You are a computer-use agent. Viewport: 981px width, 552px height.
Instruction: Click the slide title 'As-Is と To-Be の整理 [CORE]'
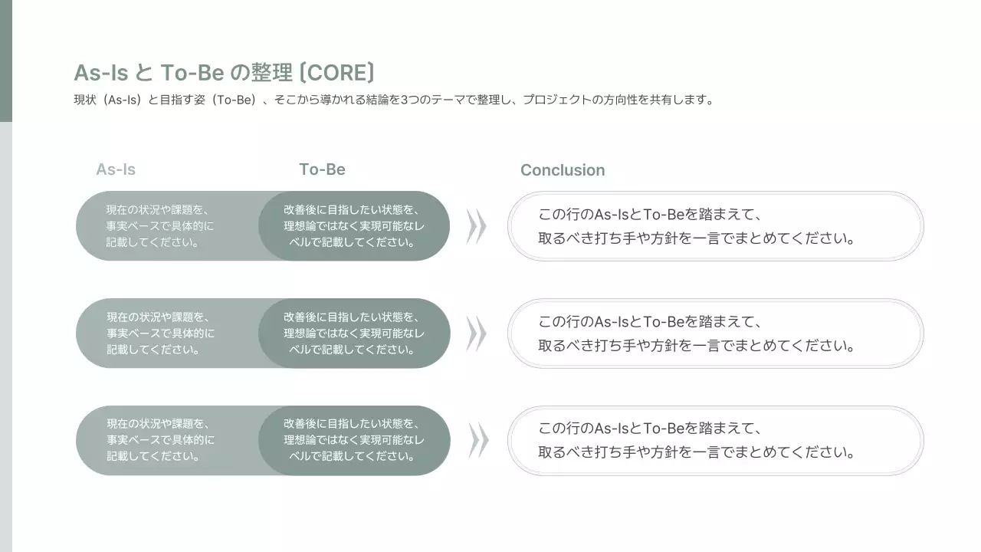224,73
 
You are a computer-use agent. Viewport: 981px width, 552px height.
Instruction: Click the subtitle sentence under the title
394,100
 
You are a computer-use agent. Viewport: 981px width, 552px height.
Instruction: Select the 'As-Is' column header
116,169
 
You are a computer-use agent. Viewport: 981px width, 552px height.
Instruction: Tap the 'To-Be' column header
322,169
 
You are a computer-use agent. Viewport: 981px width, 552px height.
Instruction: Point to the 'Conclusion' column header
563,170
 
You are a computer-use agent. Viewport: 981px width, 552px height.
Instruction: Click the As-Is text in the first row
160,226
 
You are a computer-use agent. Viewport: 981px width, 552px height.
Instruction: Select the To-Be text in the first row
353,226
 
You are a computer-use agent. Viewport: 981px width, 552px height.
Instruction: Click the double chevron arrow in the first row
477,226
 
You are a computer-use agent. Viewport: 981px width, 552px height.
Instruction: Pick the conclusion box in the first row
715,226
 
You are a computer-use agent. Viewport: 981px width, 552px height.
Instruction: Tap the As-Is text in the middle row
160,333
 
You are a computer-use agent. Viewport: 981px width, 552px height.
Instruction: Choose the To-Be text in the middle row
353,333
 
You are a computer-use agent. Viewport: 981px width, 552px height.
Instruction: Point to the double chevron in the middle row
477,333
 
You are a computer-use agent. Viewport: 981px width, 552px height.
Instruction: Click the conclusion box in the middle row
715,333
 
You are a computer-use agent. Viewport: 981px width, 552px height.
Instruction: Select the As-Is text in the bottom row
160,440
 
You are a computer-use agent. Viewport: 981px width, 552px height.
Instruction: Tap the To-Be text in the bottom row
353,440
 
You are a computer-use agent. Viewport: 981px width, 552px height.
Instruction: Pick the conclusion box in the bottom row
715,441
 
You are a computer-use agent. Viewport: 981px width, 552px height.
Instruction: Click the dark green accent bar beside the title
5,61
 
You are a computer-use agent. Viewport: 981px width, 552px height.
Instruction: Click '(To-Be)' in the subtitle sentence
235,100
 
